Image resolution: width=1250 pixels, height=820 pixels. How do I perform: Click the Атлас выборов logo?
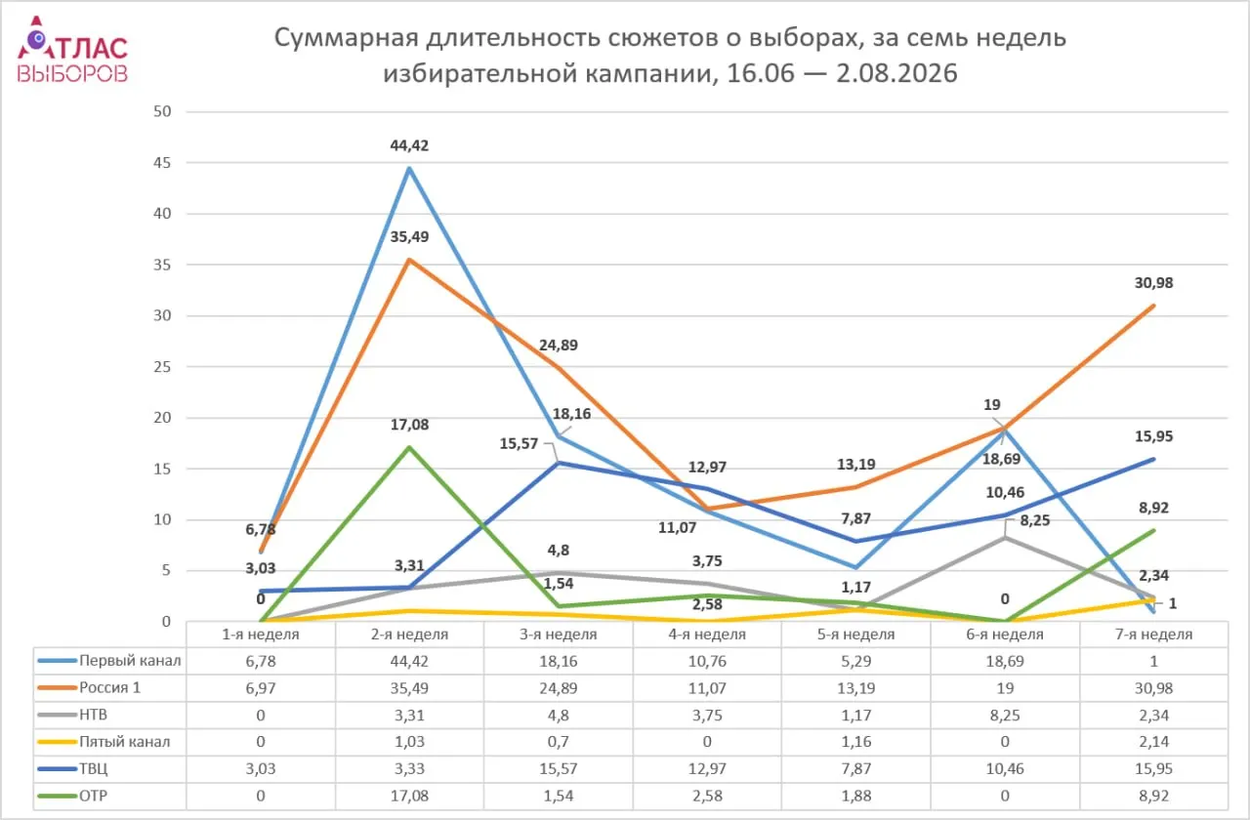(72, 50)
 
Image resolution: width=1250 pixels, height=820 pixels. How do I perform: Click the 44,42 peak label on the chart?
(409, 145)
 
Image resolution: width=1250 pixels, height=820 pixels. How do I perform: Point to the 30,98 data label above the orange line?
(1153, 283)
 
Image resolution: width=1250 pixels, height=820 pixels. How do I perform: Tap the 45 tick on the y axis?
(162, 163)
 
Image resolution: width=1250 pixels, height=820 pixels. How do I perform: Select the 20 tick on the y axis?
(162, 417)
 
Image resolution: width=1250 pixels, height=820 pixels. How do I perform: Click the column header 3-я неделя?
(558, 635)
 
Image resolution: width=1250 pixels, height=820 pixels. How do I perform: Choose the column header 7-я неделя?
(1153, 635)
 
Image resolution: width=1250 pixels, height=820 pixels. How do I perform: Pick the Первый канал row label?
(130, 661)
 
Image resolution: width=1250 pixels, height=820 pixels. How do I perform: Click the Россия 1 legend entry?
(110, 687)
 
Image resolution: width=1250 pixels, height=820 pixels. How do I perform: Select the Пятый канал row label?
(124, 741)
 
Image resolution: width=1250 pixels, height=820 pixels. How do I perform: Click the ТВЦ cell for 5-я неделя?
(855, 768)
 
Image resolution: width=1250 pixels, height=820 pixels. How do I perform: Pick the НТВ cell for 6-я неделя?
(1005, 715)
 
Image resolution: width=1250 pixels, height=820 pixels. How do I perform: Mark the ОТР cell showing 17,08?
(409, 796)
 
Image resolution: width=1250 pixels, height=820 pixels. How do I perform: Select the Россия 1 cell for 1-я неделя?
(260, 687)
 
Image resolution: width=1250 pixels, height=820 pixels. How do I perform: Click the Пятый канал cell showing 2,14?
(1153, 741)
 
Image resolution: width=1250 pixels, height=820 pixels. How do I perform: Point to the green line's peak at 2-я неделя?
(409, 447)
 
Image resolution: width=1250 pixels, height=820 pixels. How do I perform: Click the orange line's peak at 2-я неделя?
(409, 260)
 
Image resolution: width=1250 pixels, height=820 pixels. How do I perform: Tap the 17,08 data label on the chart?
(409, 425)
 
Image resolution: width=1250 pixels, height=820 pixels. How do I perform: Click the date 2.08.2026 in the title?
(896, 73)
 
